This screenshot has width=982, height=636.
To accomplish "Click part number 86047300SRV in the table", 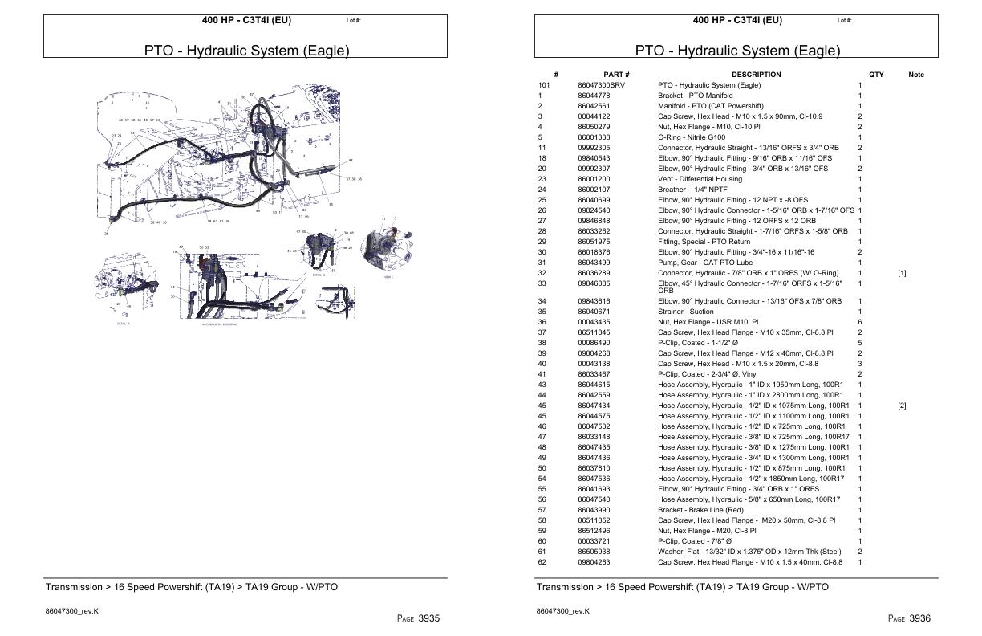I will point(601,85).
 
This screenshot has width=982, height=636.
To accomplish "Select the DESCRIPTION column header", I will point(756,75).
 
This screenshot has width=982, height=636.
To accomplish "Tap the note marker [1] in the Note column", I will point(902,273).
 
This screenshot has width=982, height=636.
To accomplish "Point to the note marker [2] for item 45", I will point(902,406).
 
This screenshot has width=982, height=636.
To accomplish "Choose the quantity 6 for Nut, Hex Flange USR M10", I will point(859,322).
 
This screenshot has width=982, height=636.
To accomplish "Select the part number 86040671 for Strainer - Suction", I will point(594,312).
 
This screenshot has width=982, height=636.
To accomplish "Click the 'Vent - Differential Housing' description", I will point(700,179).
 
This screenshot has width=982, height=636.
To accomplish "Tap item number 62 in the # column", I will point(542,562).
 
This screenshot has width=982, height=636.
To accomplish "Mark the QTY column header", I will point(876,75).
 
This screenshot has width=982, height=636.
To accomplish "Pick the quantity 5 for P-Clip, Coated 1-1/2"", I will point(859,343).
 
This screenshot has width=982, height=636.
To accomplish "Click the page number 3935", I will point(424,618).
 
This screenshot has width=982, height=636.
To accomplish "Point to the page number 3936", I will point(915,618).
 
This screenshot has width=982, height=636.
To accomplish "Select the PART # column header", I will point(616,75).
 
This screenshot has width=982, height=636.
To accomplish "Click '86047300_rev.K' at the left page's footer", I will point(71,611).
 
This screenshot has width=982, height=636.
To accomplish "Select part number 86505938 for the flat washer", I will point(594,552).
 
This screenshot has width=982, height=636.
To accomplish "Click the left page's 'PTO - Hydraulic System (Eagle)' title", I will point(246,51).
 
